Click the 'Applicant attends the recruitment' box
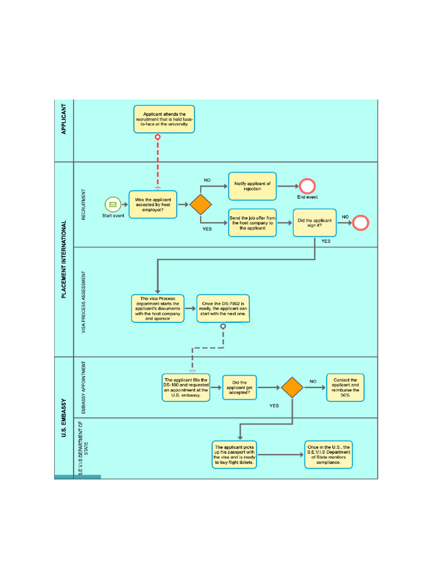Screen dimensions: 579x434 [x=164, y=119]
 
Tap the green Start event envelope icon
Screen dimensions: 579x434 [x=112, y=204]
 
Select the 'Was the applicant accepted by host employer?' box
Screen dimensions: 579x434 [x=153, y=204]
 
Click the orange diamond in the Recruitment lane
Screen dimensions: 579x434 [x=200, y=204]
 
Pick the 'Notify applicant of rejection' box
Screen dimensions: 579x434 [x=253, y=186]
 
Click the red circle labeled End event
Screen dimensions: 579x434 [x=307, y=186]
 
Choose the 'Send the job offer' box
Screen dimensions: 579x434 [x=253, y=223]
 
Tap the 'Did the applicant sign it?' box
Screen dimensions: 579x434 [x=315, y=223]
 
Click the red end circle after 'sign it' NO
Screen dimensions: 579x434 [x=361, y=223]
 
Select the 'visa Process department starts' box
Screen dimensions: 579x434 [x=158, y=308]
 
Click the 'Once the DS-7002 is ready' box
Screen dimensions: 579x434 [x=223, y=308]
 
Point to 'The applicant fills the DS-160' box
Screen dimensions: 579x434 [x=186, y=387]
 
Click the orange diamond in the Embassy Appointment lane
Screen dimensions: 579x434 [x=292, y=387]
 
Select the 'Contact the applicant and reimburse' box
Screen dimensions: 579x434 [x=345, y=387]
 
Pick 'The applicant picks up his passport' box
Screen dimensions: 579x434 [x=235, y=455]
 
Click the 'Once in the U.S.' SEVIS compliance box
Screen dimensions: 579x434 [x=328, y=455]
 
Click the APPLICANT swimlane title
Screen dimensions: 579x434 [x=63, y=119]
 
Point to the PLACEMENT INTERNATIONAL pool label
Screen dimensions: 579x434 [x=63, y=259]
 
